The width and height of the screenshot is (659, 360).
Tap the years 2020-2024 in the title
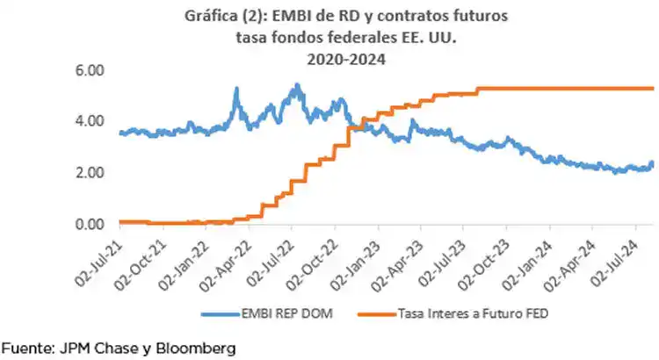(x=330, y=59)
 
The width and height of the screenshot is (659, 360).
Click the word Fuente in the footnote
(x=25, y=349)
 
